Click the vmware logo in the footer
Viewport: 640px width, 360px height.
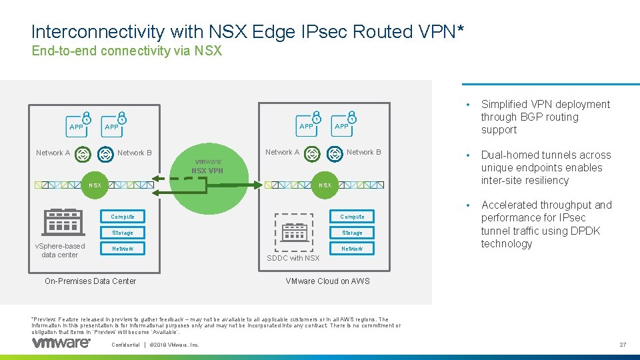[61, 343]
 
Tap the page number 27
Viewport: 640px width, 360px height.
[623, 345]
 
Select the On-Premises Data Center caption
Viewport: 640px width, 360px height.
[90, 281]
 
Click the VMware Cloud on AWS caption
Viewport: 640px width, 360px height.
[327, 281]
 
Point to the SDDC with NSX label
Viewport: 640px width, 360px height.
[293, 258]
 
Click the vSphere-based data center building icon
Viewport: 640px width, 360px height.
[62, 222]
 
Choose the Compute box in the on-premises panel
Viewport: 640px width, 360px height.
[123, 217]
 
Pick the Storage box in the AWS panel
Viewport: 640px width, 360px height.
[352, 233]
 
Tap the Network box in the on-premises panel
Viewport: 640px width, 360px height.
[123, 249]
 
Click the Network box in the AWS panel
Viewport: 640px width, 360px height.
[352, 249]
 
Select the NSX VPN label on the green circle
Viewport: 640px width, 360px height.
[207, 171]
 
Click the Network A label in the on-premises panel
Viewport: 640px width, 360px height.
[53, 153]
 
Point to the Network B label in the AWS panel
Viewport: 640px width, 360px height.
[364, 152]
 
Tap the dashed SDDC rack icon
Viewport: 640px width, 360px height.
[293, 231]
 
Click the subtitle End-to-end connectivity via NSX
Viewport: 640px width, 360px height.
[127, 51]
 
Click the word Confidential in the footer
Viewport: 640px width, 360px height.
[125, 345]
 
